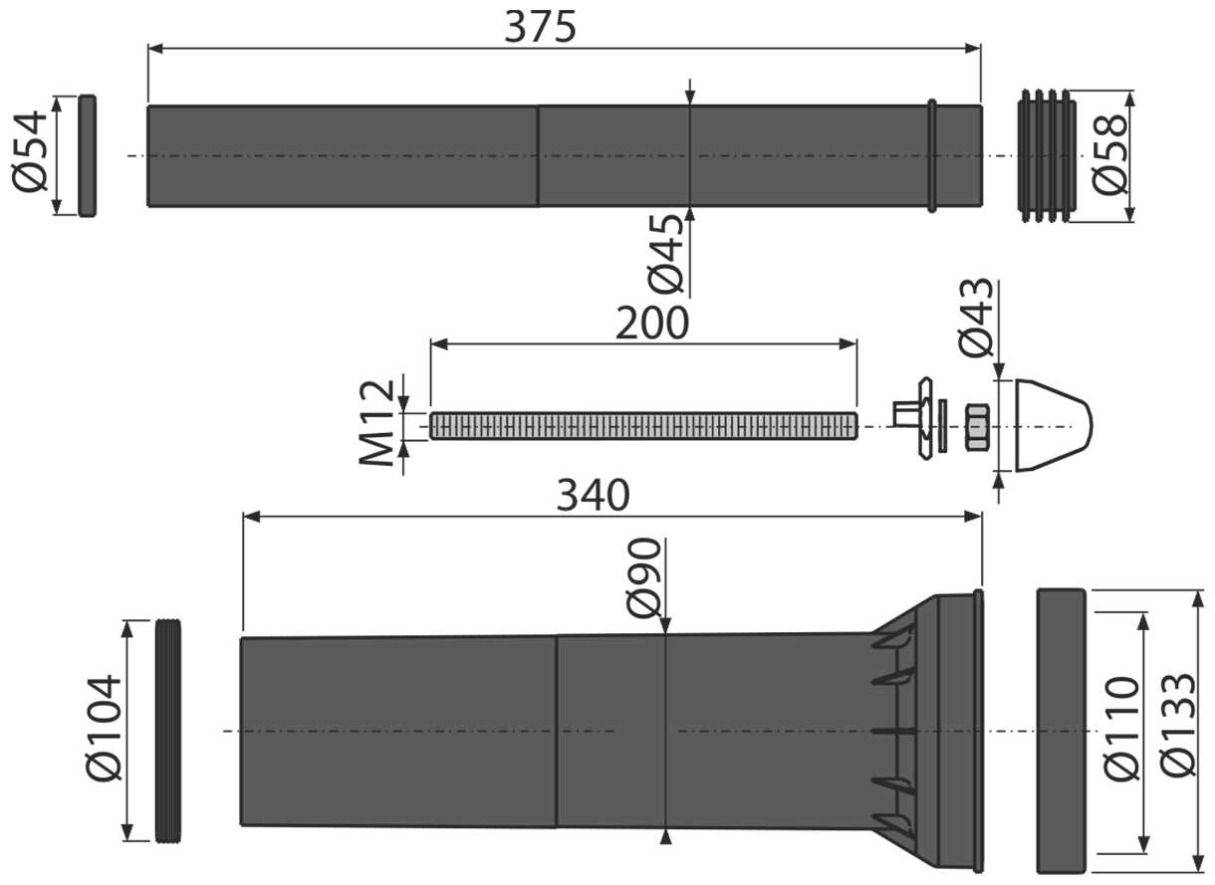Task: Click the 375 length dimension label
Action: (x=541, y=27)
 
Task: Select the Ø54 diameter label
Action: (x=31, y=152)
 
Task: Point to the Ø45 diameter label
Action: (x=669, y=254)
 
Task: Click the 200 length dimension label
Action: (x=652, y=324)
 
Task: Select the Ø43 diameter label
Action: (x=976, y=318)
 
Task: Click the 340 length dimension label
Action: (x=593, y=495)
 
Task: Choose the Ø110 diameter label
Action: (x=1122, y=729)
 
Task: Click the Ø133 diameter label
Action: (x=1178, y=729)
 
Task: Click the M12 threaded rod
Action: (x=642, y=426)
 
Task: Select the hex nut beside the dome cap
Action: (x=977, y=427)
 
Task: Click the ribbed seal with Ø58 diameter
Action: (x=1047, y=155)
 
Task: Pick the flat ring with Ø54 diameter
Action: (x=88, y=155)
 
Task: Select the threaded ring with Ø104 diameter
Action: (x=169, y=731)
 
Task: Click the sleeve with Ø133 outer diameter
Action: (x=1061, y=731)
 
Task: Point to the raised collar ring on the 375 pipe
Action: (x=932, y=155)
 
